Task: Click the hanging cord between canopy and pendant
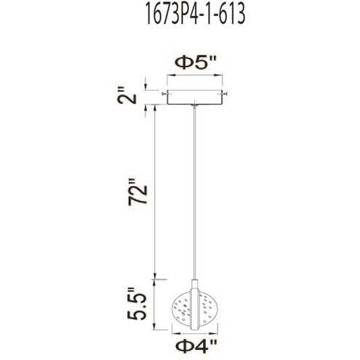pyautogui.click(x=195, y=189)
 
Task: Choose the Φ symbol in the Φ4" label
pyautogui.click(x=181, y=343)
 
